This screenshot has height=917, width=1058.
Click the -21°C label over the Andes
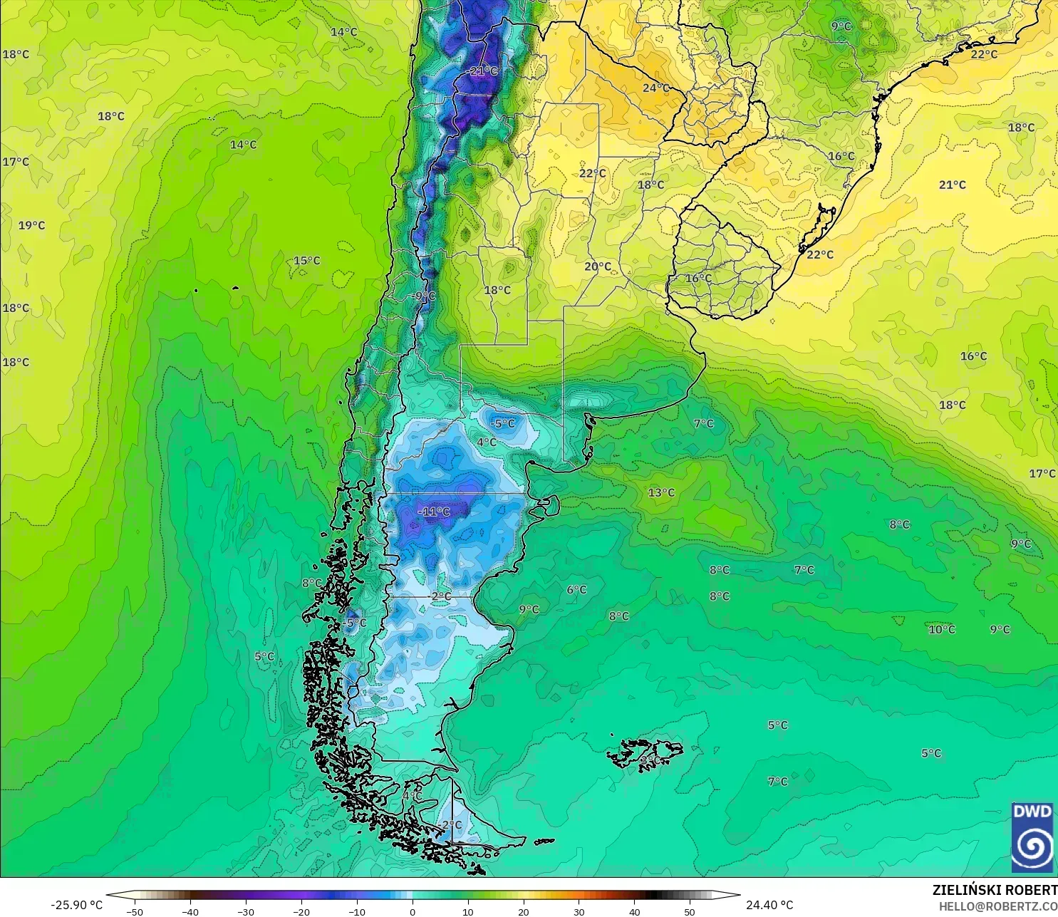point(484,71)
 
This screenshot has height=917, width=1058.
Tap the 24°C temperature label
point(655,88)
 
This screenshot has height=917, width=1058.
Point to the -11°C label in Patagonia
point(434,512)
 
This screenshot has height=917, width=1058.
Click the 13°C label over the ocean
point(661,492)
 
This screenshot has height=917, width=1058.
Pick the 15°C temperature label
point(307,261)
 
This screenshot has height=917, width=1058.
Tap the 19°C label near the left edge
point(31,226)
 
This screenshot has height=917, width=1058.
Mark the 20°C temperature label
point(598,266)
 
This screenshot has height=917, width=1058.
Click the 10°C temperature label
point(941,630)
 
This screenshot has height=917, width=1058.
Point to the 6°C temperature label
point(576,590)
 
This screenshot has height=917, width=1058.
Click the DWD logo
point(1032,837)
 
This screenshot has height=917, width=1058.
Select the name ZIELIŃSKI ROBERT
point(995,890)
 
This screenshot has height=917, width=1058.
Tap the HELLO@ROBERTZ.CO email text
point(997,906)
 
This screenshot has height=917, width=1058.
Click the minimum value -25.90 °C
point(76,906)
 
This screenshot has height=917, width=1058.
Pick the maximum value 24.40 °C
point(769,906)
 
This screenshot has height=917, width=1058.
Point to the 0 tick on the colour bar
point(413,911)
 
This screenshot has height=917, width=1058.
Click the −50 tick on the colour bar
point(134,911)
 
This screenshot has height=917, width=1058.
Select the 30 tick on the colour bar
point(579,911)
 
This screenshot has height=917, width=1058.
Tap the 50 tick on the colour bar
point(690,911)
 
